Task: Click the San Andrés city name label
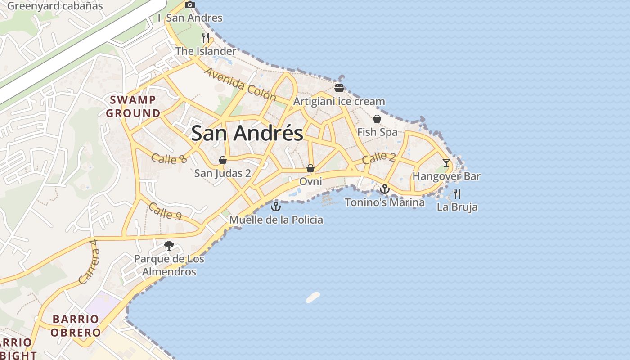pos(247,133)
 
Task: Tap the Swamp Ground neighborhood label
pos(133,107)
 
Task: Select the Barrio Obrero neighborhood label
pos(76,326)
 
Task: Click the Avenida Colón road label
pos(240,84)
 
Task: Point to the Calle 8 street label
pos(169,158)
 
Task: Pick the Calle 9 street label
pos(165,211)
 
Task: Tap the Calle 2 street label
pos(378,157)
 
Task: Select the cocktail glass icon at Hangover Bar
pos(446,162)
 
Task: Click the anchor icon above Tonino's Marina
pos(384,189)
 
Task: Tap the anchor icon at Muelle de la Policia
pos(275,207)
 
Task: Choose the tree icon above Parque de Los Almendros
pos(169,246)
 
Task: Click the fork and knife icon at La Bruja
pos(457,194)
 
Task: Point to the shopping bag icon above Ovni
pos(310,168)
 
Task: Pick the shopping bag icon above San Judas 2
pos(222,160)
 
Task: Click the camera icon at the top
pos(190,4)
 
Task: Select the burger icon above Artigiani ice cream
pos(339,88)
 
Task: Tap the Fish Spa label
pos(377,132)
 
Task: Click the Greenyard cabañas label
pos(55,6)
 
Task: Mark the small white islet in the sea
pos(313,297)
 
